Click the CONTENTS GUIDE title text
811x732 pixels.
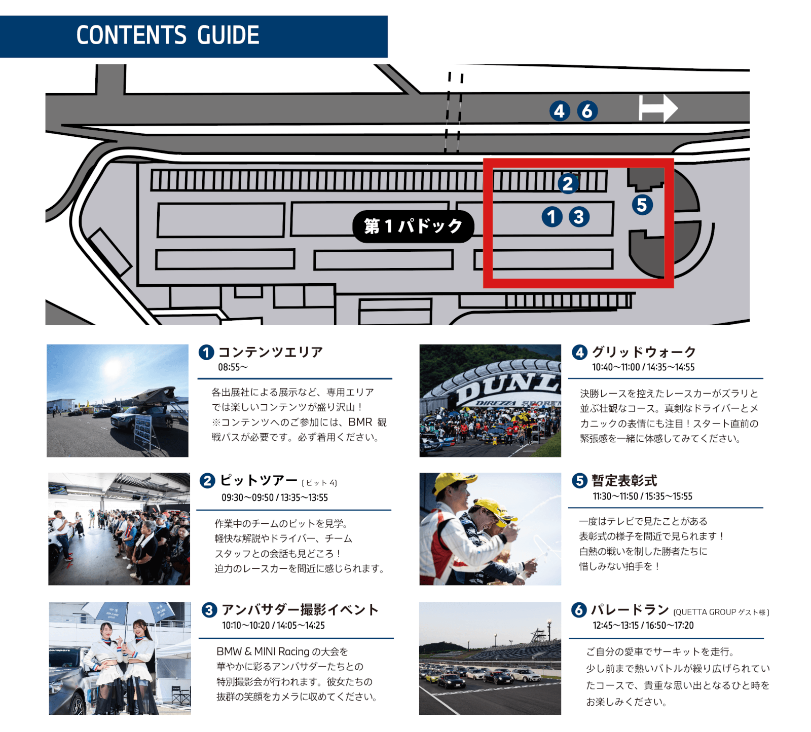[168, 35]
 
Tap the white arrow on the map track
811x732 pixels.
[657, 108]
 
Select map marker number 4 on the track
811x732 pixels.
[560, 110]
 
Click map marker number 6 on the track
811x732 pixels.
[587, 110]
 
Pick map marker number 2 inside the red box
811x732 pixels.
[568, 183]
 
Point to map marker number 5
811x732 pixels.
[642, 205]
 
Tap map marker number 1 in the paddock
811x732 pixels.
[552, 217]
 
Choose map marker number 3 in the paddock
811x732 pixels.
[579, 217]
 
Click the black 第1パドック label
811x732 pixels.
[413, 226]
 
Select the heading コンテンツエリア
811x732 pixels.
[271, 352]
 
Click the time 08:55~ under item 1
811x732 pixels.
[233, 367]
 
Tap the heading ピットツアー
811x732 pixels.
[259, 480]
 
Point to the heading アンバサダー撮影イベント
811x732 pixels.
[300, 609]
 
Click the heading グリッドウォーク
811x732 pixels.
[644, 352]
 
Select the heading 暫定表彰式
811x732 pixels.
[624, 481]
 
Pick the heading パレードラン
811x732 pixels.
[630, 610]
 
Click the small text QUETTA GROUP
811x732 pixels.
[704, 612]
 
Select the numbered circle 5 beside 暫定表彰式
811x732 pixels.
[579, 481]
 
